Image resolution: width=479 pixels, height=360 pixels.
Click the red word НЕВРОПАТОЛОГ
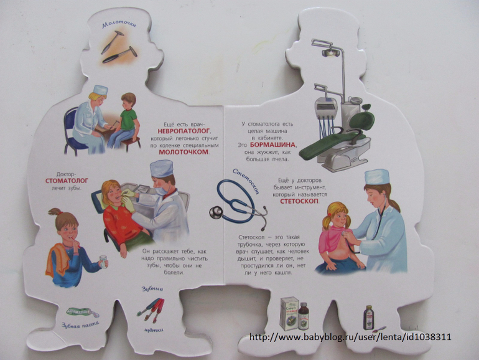pos(184,131)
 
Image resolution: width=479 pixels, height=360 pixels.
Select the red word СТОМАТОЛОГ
pos(67,181)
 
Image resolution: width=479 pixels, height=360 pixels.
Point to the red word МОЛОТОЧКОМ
pos(184,152)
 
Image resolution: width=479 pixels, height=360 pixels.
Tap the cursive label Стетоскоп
pos(246,181)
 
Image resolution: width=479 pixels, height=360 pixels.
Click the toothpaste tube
pos(83,312)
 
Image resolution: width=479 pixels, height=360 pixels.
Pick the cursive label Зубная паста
pos(80,324)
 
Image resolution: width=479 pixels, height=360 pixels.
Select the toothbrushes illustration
pos(151,310)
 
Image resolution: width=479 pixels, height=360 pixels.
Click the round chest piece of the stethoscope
pos(216,212)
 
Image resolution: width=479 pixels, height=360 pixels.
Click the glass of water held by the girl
pos(103,262)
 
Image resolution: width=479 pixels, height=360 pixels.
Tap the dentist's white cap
pos(162,169)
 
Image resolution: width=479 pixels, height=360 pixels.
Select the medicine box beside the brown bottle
pos(289,313)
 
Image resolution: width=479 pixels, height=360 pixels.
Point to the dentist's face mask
pos(162,191)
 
